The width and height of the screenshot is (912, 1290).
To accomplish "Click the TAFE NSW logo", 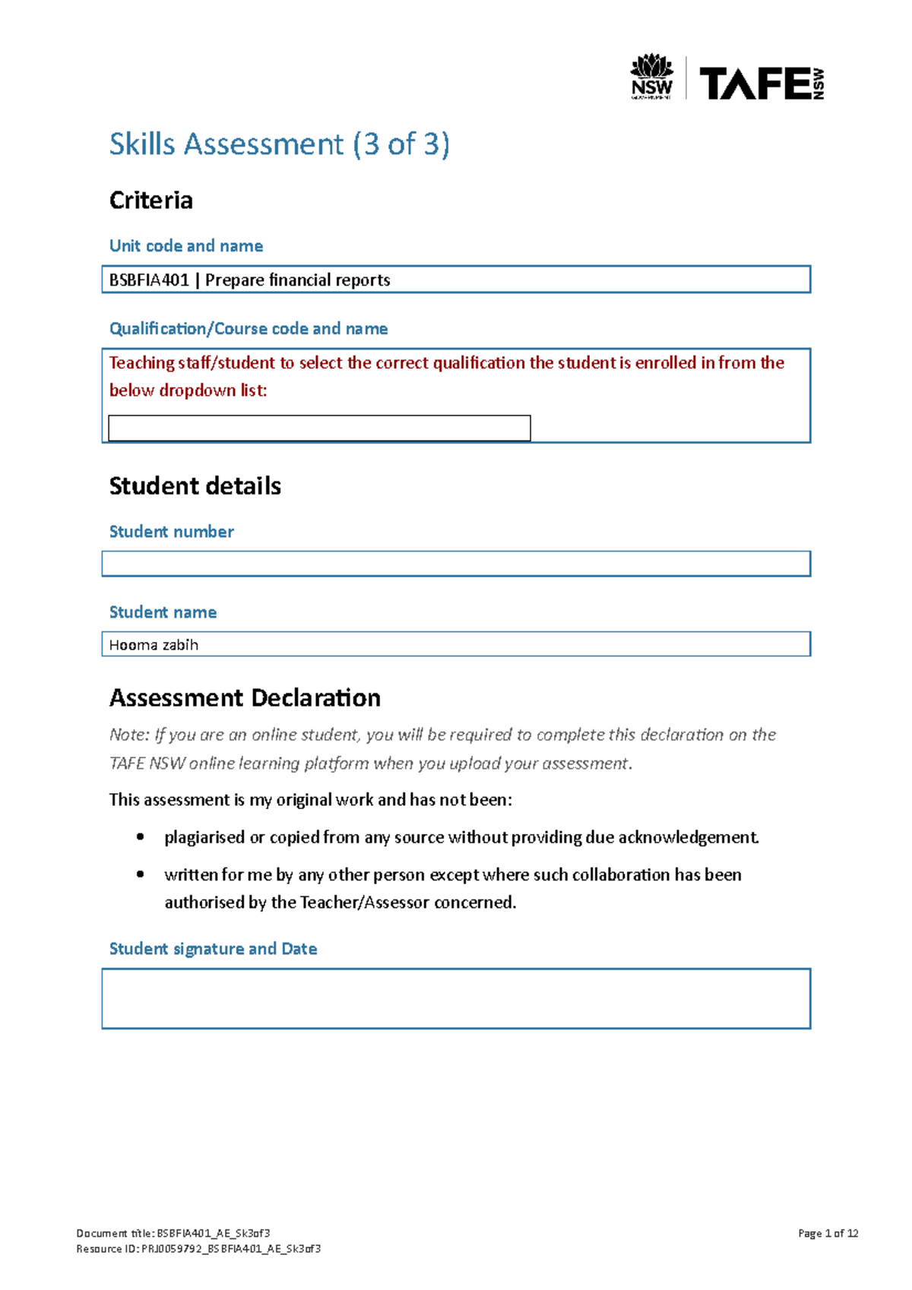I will click(761, 83).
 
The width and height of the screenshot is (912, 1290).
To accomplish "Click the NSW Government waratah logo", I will click(652, 76).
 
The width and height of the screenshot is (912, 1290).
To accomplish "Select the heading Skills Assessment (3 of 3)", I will click(279, 144).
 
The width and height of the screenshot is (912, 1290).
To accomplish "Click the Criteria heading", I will click(150, 201).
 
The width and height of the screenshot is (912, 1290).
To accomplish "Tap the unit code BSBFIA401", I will click(149, 280).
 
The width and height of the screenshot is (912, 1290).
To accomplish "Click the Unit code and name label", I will click(186, 246).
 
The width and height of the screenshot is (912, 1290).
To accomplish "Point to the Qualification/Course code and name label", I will click(249, 328).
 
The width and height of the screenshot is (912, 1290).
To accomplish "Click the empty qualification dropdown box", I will click(319, 428).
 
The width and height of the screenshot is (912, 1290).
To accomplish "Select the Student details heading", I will click(195, 486).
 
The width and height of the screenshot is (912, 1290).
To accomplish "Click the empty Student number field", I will click(456, 564).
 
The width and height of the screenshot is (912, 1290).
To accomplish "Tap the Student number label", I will click(171, 532).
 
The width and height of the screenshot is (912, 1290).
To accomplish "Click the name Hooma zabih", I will click(154, 645).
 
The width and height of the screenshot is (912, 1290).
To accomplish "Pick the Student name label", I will click(163, 612).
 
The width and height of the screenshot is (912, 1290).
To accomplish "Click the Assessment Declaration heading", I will click(245, 698).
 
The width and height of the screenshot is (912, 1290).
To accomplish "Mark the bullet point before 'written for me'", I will click(140, 874).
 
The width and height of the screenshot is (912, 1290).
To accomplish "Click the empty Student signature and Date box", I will click(456, 998).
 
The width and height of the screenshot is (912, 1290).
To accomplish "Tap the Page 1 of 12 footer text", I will click(828, 1233).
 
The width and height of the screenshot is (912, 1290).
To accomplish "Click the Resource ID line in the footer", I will click(198, 1248).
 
